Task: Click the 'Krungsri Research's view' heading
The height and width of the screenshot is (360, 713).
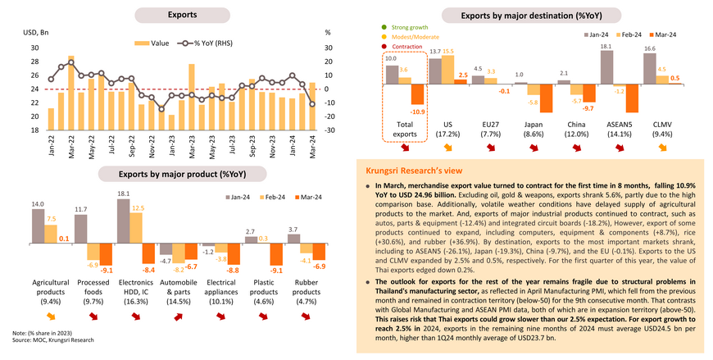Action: click(414, 170)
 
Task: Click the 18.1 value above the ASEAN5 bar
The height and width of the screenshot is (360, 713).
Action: click(607, 47)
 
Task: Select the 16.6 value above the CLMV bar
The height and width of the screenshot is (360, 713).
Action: click(651, 50)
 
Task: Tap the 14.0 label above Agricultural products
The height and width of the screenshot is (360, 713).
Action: click(39, 203)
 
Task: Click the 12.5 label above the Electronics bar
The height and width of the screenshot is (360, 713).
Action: click(139, 208)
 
